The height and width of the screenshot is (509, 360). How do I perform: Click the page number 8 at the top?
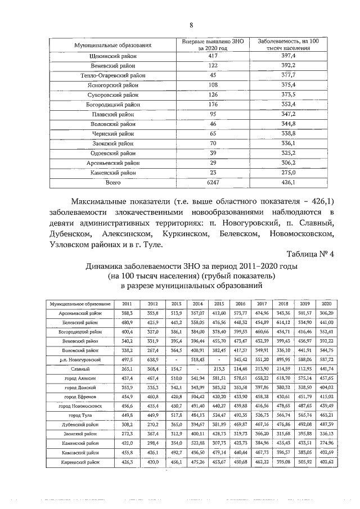tap(191, 25)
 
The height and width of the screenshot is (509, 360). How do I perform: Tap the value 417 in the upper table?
tap(213, 56)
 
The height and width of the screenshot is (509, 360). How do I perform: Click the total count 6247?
tap(213, 182)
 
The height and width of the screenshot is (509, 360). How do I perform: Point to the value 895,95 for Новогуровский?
tap(283, 359)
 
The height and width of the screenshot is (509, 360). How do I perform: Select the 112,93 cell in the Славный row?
tap(305, 368)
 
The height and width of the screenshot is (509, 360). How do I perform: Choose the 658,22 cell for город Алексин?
tap(260, 378)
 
